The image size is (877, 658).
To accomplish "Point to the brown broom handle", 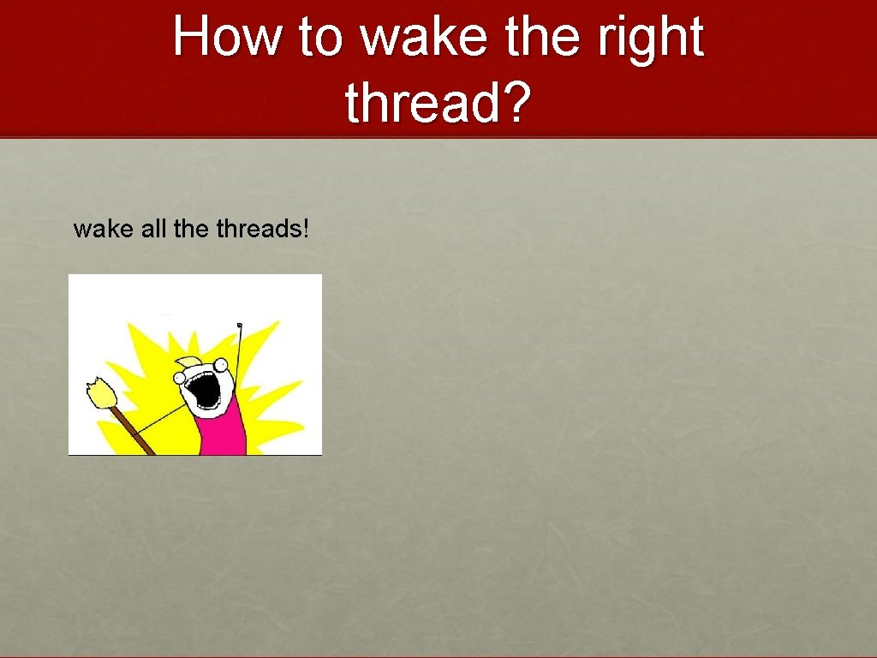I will [x=133, y=433].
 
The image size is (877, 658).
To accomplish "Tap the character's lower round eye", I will [x=182, y=378].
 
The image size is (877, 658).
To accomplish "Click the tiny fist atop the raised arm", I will [x=240, y=325].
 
